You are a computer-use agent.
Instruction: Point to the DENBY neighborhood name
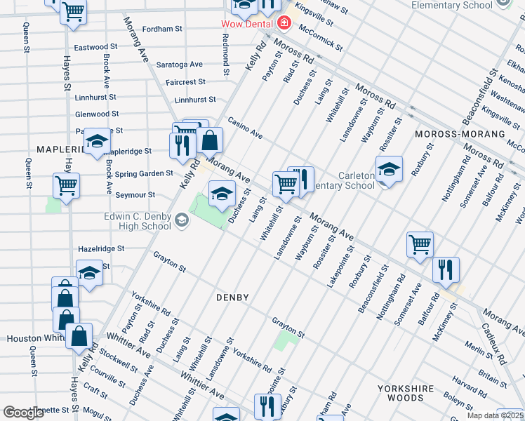[232, 298]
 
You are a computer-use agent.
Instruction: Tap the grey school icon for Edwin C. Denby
[182, 222]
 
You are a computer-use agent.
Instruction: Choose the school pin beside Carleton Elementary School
[389, 169]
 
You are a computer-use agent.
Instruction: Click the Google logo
[24, 413]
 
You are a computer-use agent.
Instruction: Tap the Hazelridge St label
[101, 248]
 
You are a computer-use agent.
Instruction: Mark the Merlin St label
[479, 345]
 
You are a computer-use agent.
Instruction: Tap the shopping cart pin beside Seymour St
[66, 187]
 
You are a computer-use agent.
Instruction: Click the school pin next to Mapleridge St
[97, 142]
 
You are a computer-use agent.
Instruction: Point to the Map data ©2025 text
[496, 415]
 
